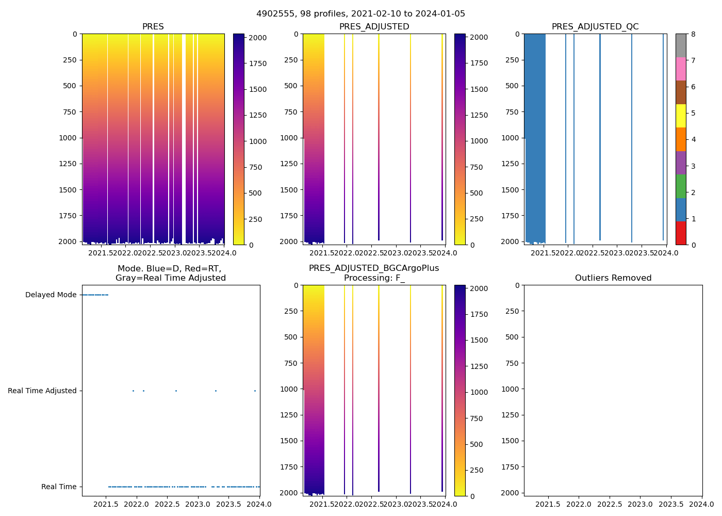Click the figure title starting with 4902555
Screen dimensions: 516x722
[360, 14]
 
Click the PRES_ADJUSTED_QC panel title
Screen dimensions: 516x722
[595, 27]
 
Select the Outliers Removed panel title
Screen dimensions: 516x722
[613, 278]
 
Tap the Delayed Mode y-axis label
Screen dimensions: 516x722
[51, 295]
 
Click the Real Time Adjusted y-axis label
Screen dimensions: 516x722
[42, 391]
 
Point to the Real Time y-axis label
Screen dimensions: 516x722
[59, 487]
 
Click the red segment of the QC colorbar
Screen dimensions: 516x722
[681, 233]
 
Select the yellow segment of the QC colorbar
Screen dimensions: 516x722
[681, 116]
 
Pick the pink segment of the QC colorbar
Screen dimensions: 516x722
[681, 69]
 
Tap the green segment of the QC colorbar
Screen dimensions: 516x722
[681, 186]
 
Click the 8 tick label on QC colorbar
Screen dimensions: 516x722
[694, 35]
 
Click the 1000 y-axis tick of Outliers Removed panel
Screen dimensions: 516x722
[511, 389]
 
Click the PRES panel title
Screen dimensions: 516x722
[153, 27]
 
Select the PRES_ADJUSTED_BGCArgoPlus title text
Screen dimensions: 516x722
[374, 268]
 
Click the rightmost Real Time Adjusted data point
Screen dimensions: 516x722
[255, 391]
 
